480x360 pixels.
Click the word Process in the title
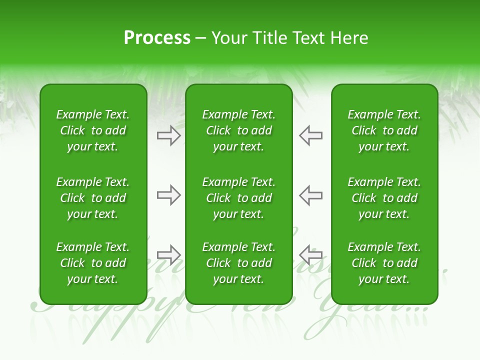pos(157,38)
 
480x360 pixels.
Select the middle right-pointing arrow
pos(169,195)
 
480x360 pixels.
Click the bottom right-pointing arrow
pos(169,255)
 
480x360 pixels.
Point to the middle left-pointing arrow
pos(311,195)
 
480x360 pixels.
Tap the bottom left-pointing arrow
pos(311,255)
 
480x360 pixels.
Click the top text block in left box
pos(93,130)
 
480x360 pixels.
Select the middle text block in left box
pos(93,198)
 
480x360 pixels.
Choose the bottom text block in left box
pos(93,263)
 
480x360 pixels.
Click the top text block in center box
pos(239,130)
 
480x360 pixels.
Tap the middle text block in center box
pos(239,198)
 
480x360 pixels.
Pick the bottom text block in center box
pos(239,263)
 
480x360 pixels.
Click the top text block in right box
pos(384,130)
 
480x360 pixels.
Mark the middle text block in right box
pos(384,198)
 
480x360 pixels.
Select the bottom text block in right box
pos(384,263)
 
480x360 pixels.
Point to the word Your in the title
pos(228,38)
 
